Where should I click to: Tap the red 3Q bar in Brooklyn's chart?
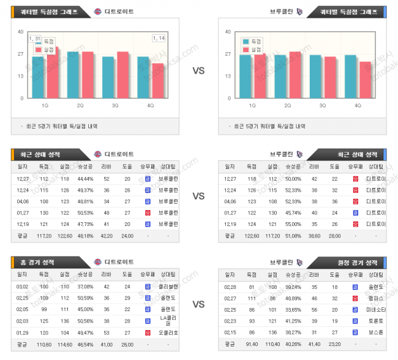pyautogui.click(x=330, y=77)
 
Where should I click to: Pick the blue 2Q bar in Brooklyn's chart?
pyautogui.click(x=280, y=77)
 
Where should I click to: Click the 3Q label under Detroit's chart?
pyautogui.click(x=115, y=105)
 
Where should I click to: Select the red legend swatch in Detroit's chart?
pyautogui.click(x=38, y=49)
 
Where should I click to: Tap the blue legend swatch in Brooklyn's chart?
pyautogui.click(x=246, y=41)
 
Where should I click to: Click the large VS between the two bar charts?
pyautogui.click(x=198, y=70)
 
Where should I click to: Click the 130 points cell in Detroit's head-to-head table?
pyautogui.click(x=44, y=212)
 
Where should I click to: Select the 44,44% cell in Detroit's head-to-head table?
pyautogui.click(x=85, y=179)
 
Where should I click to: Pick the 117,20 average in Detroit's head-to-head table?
pyautogui.click(x=44, y=235)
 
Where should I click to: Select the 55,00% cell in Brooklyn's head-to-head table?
pyautogui.click(x=293, y=224)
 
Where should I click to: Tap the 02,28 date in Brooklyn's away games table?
pyautogui.click(x=230, y=286)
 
